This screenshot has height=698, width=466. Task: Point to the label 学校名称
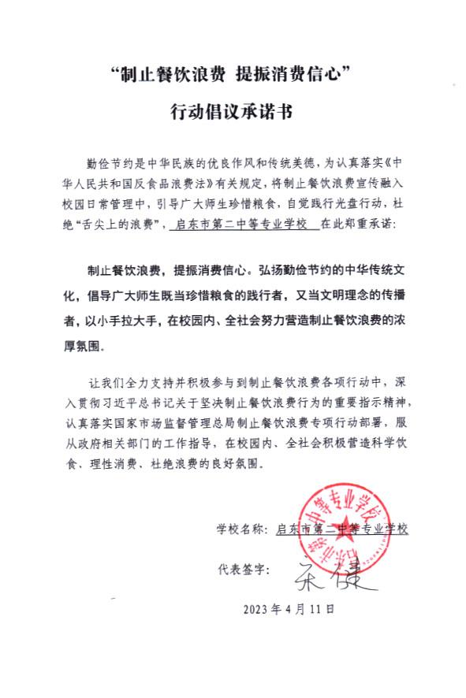pos(239,529)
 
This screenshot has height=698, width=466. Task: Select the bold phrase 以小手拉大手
pos(119,321)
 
